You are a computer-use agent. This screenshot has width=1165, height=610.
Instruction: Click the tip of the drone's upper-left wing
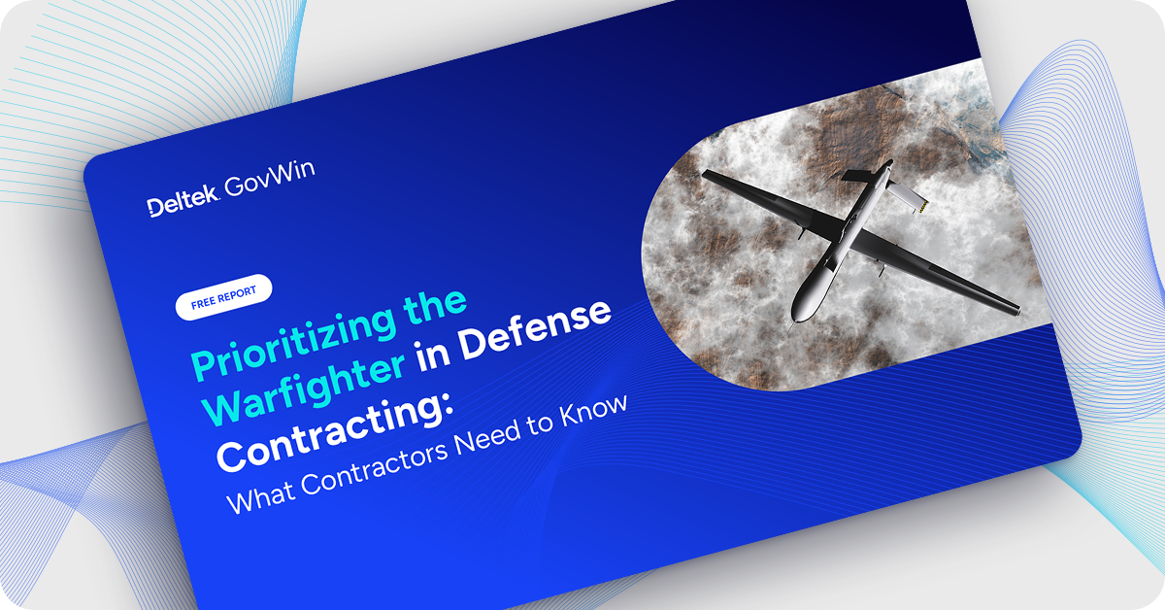click(x=706, y=176)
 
